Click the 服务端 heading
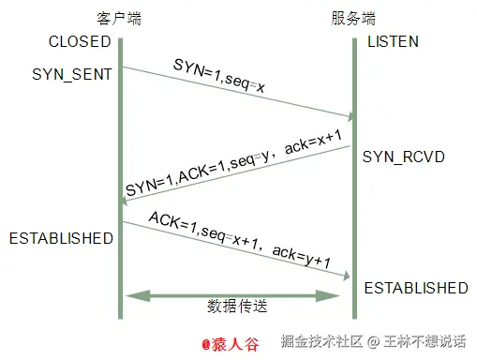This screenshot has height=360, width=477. pos(353,19)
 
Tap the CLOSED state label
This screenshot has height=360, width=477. pos(79,42)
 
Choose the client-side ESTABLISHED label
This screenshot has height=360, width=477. pos(61,238)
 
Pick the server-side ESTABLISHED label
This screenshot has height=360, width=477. pos(415,287)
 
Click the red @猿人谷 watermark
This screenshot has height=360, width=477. pos(231,342)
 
